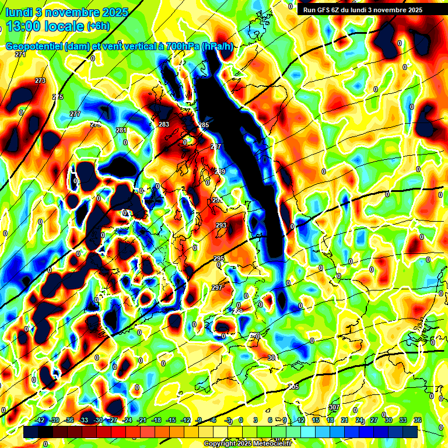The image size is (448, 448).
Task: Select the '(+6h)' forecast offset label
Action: pyautogui.click(x=97, y=26)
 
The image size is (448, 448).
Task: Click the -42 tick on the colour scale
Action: pyautogui.click(x=41, y=420)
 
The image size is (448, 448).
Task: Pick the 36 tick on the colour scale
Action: pyautogui.click(x=418, y=420)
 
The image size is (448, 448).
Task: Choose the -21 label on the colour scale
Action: pyautogui.click(x=142, y=420)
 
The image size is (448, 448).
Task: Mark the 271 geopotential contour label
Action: pyautogui.click(x=21, y=54)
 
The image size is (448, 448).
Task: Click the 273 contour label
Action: pyautogui.click(x=40, y=80)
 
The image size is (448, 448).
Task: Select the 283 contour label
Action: pyautogui.click(x=164, y=124)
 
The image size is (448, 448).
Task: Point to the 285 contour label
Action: pyautogui.click(x=204, y=125)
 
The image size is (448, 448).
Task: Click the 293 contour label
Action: pyautogui.click(x=221, y=225)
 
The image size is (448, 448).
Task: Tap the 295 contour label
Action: pyautogui.click(x=219, y=258)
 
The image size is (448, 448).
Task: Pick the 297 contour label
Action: pyautogui.click(x=216, y=288)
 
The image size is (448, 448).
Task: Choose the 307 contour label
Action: pyautogui.click(x=334, y=407)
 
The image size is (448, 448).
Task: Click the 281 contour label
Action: pyautogui.click(x=121, y=130)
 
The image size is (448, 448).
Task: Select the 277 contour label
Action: pyautogui.click(x=75, y=114)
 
